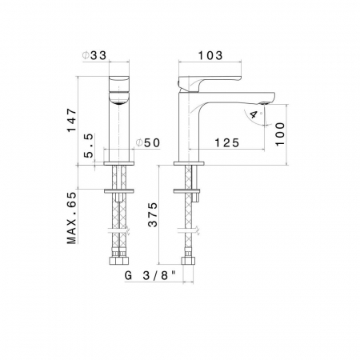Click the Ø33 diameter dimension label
94,55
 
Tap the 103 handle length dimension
210,55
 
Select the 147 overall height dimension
72,120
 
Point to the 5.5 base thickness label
90,146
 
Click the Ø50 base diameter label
148,143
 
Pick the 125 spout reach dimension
227,143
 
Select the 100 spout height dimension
280,134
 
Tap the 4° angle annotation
255,114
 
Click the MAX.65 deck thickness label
72,218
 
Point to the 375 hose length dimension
153,214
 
